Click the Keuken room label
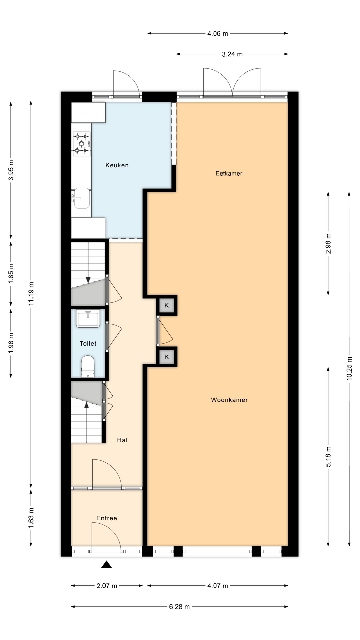click(117, 165)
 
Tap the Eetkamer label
click(229, 173)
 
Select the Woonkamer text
click(229, 400)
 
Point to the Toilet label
click(88, 343)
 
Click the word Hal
click(122, 440)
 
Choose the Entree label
click(107, 518)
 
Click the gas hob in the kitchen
click(82, 144)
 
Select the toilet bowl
click(88, 366)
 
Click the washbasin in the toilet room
click(88, 318)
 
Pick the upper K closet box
click(167, 305)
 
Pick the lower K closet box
click(167, 357)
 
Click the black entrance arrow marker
click(107, 564)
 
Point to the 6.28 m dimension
click(179, 607)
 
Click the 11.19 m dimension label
click(31, 294)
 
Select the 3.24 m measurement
click(232, 54)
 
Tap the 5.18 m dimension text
click(328, 456)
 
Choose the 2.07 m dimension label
click(107, 586)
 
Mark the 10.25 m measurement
click(349, 368)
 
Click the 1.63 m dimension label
click(31, 517)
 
